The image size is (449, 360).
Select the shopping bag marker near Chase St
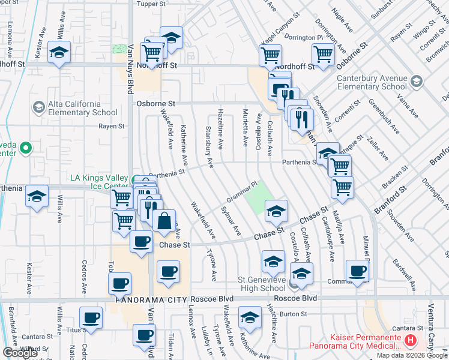point(164,221)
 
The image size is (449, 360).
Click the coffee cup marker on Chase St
point(141,242)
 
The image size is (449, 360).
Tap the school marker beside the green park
point(276,211)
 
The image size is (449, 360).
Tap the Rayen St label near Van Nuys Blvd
point(111,127)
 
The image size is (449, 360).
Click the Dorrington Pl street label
point(304,37)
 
